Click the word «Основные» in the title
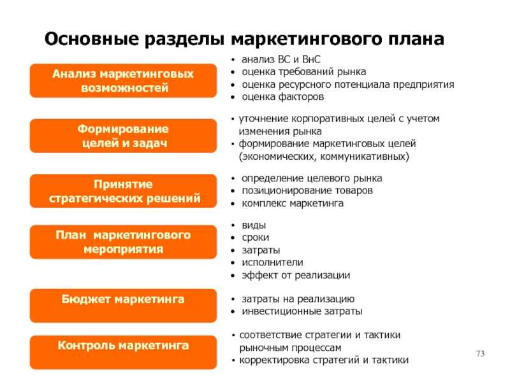(92, 39)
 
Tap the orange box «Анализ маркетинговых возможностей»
(123, 81)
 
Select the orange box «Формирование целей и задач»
(123, 136)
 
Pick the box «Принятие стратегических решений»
(123, 191)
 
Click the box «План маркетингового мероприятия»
(123, 242)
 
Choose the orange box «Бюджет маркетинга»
(123, 306)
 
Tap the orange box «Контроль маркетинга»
(123, 353)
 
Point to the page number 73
(481, 353)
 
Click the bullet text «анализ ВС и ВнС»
(281, 59)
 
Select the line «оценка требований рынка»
(304, 72)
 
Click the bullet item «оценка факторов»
(283, 97)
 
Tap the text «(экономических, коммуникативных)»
(324, 157)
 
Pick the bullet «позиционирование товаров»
(307, 190)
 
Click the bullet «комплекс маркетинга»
(293, 203)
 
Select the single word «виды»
(254, 225)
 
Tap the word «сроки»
(256, 237)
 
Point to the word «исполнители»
(273, 262)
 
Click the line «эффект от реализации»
(296, 275)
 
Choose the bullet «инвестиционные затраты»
(302, 311)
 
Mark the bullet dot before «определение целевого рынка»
(233, 179)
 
